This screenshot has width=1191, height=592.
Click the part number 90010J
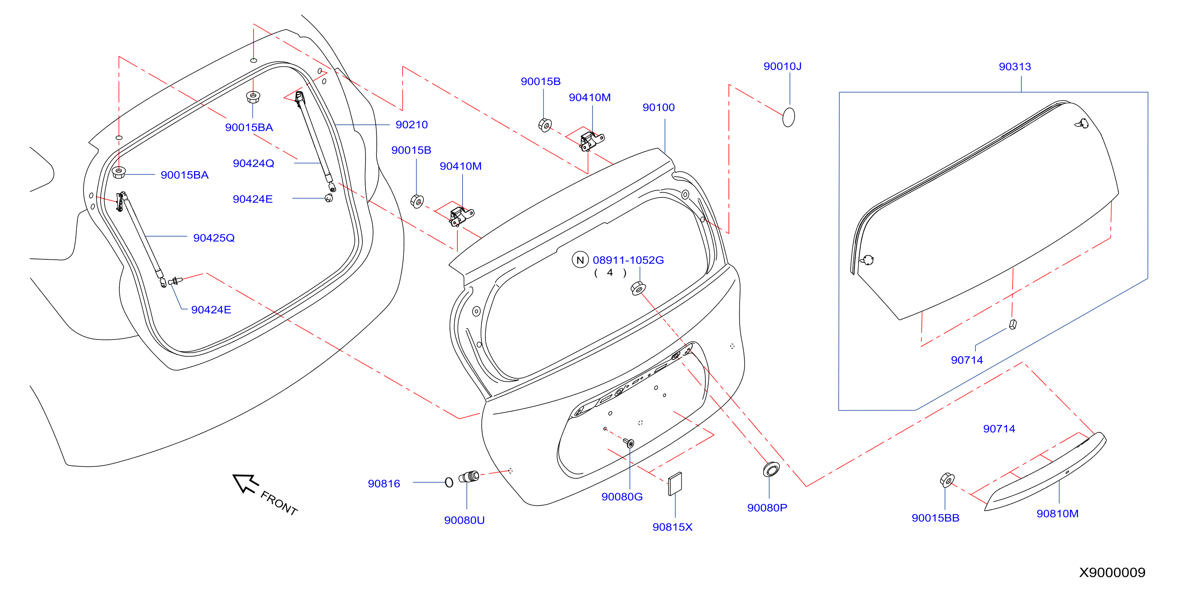(782, 67)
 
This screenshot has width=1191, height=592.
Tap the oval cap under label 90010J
(789, 117)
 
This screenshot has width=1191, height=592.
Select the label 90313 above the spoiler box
(1015, 67)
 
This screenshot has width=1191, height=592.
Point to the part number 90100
(659, 108)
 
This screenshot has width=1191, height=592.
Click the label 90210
(412, 125)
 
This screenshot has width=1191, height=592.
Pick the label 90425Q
(214, 238)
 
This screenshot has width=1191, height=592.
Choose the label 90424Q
(253, 164)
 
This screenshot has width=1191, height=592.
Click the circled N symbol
(580, 260)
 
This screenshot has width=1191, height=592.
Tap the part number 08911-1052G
(628, 260)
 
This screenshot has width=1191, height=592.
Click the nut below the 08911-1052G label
(638, 289)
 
